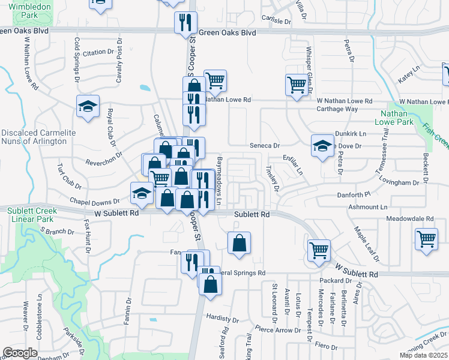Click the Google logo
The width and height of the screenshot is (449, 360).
tap(20, 352)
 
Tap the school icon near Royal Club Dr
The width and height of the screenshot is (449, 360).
tap(88, 107)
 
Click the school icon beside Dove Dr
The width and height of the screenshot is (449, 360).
tap(322, 145)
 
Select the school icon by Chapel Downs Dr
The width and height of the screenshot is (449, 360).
tap(141, 193)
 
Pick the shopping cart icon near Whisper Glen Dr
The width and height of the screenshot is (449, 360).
tap(297, 86)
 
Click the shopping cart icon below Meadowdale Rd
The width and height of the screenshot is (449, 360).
tap(426, 238)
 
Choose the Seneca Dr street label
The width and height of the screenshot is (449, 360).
tap(265, 146)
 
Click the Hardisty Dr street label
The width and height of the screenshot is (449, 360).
tap(222, 316)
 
